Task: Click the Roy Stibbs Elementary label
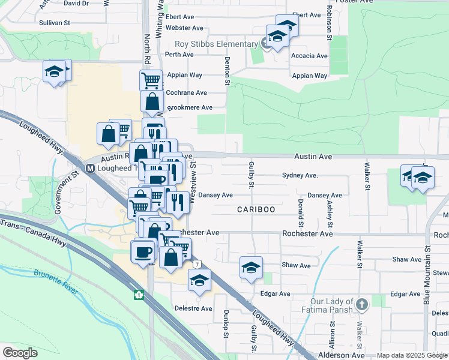[x=216, y=44]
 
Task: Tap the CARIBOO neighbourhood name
[x=256, y=209]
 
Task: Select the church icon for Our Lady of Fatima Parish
[x=361, y=304]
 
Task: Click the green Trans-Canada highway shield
[x=139, y=295]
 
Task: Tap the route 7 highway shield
[x=197, y=264]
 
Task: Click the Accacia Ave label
[x=309, y=56]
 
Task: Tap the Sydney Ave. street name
[x=300, y=175]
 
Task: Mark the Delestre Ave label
[x=193, y=308]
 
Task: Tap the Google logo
[x=20, y=352]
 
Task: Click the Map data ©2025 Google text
[x=411, y=355]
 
